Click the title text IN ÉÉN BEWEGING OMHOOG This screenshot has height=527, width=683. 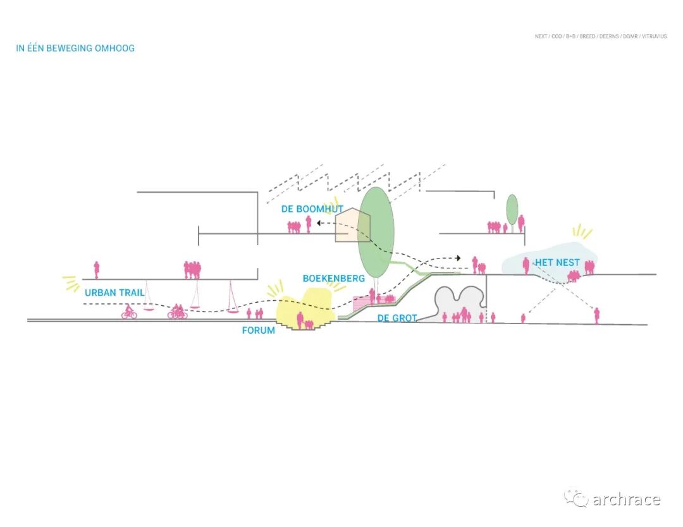tap(75, 48)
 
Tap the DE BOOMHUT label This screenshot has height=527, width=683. tap(312, 209)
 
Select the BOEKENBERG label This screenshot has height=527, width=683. tap(333, 278)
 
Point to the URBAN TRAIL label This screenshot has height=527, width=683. tap(114, 293)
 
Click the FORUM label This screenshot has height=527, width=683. tap(258, 330)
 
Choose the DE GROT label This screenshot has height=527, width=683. tap(397, 318)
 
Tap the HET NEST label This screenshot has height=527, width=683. tap(557, 262)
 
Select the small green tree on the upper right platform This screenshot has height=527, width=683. tap(512, 209)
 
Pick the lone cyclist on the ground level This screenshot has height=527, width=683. tap(129, 312)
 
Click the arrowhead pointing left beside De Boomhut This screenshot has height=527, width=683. tap(319, 222)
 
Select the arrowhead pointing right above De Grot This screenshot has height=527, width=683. tap(457, 258)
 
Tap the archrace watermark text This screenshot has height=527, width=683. tap(625, 499)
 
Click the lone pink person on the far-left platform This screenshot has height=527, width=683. tap(97, 270)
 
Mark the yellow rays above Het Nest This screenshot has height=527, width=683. tap(581, 232)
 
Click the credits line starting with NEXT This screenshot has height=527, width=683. tap(601, 36)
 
